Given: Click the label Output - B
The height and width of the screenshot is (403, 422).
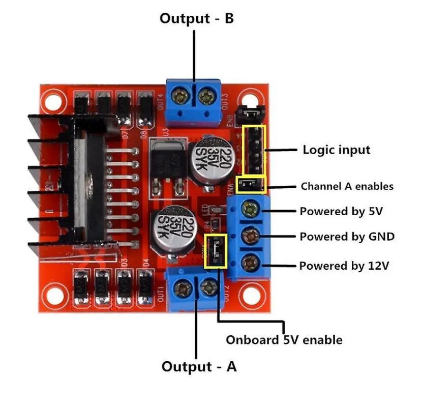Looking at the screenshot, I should (x=197, y=19).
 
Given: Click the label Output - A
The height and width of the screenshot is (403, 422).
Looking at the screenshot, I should (x=199, y=366).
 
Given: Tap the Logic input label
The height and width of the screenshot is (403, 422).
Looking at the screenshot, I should (x=336, y=150).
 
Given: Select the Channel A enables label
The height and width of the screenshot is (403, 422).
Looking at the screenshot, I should (x=347, y=186).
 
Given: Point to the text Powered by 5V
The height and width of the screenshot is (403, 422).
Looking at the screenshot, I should (x=341, y=211).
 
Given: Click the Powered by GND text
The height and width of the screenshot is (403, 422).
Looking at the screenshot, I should (x=347, y=237).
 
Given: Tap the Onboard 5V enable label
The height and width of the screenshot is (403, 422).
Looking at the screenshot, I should (x=284, y=339).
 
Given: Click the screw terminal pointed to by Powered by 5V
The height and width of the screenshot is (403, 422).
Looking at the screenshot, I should (x=250, y=208).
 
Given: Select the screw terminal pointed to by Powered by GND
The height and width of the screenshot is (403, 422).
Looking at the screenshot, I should (x=250, y=236).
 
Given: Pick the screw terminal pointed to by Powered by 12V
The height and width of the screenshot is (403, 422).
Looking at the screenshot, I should (x=250, y=263).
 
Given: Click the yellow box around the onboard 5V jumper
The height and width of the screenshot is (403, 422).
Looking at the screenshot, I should (x=216, y=251).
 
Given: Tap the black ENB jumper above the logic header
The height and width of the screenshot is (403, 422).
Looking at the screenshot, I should (x=249, y=111).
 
